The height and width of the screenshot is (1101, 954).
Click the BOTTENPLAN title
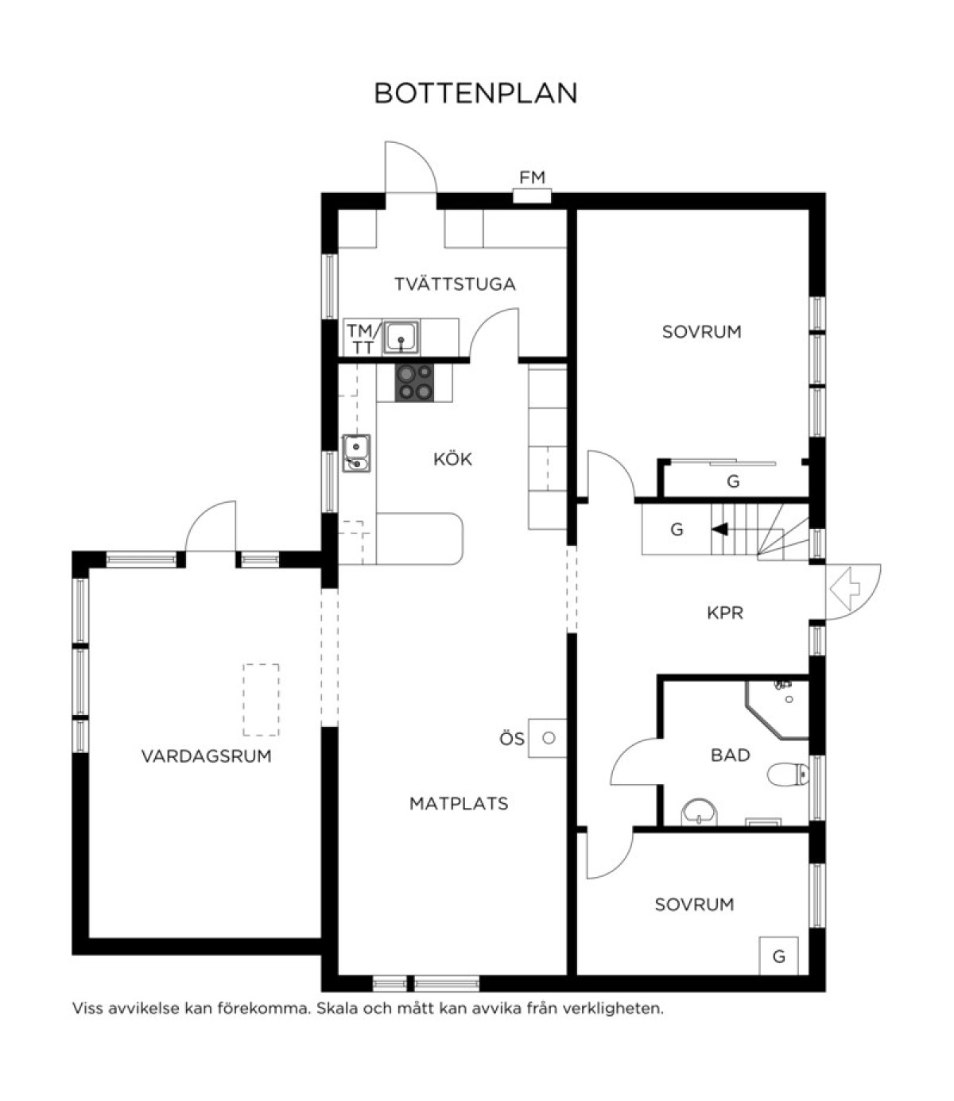[x=476, y=93]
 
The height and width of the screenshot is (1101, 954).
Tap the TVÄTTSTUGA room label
[x=456, y=284]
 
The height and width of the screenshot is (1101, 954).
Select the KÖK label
[x=452, y=458]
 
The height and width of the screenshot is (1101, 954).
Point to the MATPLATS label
[x=459, y=802]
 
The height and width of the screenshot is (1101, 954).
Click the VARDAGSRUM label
[x=206, y=755]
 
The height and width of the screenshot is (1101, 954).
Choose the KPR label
[x=725, y=612]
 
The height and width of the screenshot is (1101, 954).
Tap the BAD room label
[x=730, y=755]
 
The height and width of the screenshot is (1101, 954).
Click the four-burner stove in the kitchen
[x=415, y=382]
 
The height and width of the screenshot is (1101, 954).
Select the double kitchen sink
[x=356, y=453]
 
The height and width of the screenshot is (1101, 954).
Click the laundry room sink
[x=401, y=337]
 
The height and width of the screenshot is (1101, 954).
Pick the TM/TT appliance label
[x=364, y=338]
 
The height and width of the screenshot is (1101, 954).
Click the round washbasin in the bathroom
[x=700, y=813]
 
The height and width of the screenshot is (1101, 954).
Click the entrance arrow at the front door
[x=845, y=589]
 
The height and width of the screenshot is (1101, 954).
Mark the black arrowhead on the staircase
[x=720, y=530]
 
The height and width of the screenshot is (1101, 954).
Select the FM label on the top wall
[x=533, y=177]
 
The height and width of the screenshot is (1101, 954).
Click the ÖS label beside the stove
[x=512, y=740]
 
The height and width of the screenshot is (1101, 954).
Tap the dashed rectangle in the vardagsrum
[x=261, y=700]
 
